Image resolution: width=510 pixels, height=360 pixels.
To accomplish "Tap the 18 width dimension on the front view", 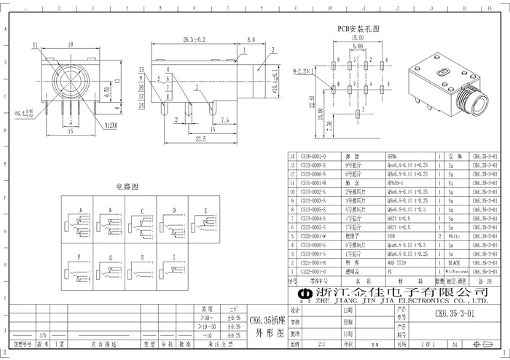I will click(70, 44).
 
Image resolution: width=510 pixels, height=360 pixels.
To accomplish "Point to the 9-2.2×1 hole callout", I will click(302, 71).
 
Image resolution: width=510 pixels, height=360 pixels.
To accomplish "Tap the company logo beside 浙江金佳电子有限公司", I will click(303, 293).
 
